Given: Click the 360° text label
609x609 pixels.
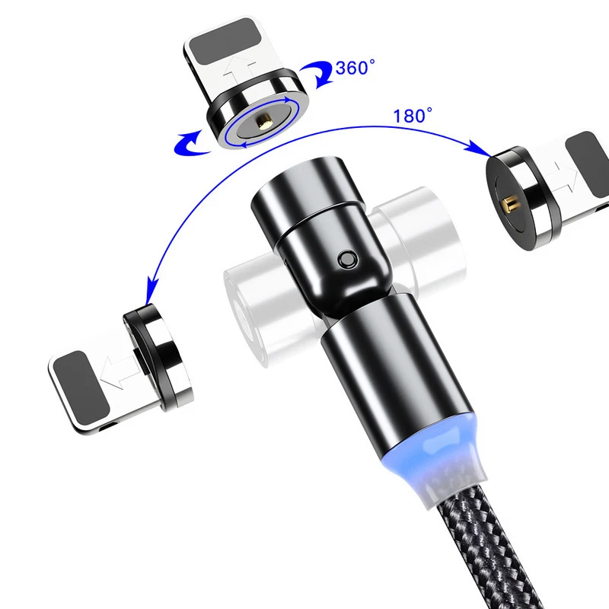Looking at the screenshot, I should pyautogui.click(x=356, y=69).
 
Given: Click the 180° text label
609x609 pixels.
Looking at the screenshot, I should pyautogui.click(x=413, y=116).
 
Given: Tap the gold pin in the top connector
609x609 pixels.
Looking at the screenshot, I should pyautogui.click(x=266, y=121).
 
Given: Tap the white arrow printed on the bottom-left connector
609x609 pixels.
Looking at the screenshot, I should pyautogui.click(x=111, y=372).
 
